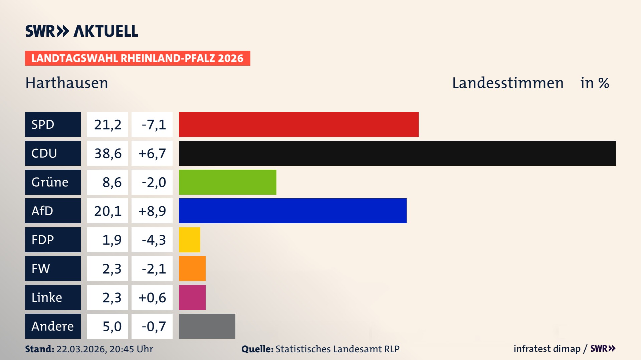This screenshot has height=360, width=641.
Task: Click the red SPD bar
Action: point(298,124)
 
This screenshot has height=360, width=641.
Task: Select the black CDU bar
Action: point(397,153)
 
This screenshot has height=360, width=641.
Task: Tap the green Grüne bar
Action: point(227,182)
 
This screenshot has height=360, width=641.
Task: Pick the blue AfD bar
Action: point(292,211)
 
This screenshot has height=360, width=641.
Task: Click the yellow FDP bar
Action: point(189,240)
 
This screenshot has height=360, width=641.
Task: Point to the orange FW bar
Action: point(192,268)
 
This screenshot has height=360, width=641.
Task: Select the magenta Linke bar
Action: point(192,297)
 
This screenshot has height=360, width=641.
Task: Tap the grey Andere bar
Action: point(207,326)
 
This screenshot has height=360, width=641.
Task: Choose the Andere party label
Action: point(53,326)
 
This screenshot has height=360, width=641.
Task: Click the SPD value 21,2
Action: point(108,124)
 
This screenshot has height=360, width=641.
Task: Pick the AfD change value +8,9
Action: point(152,211)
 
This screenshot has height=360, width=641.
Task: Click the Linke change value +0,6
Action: point(152,297)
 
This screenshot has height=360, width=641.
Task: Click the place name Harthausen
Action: point(67,83)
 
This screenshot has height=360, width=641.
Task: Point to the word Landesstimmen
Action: point(507,83)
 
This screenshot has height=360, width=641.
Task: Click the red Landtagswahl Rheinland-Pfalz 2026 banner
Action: point(138,58)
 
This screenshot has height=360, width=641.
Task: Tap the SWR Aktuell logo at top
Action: point(82,31)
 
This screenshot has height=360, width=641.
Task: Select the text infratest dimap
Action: point(547,349)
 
